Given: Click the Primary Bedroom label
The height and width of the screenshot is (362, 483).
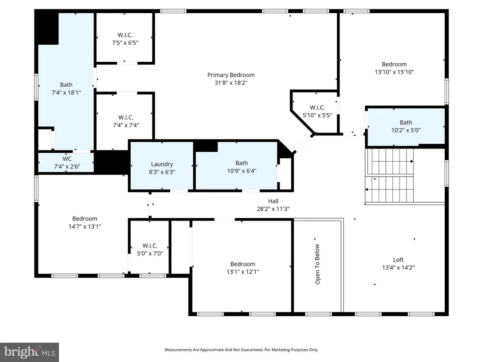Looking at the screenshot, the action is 231,75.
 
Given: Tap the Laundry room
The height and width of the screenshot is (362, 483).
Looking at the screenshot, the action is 162,165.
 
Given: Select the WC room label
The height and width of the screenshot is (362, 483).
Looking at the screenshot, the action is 67,159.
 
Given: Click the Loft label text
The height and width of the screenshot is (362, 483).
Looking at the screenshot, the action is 398,260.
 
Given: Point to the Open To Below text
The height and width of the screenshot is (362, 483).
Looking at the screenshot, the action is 317,264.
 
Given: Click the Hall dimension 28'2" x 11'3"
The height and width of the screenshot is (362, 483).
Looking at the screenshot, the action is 273,209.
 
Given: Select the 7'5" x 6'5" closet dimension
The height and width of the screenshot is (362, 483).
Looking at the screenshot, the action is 125,43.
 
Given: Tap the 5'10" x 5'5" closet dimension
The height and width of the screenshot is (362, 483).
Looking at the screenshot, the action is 317,115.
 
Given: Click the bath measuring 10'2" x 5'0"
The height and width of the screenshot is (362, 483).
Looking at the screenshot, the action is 406,126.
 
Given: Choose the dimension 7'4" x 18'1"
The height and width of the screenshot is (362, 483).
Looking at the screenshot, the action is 66,92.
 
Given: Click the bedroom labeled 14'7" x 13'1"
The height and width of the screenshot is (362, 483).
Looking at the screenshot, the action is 85,222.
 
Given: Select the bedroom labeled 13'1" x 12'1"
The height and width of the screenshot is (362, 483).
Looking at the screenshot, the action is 243,268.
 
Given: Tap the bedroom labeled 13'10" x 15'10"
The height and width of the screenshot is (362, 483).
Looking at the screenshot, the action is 394,68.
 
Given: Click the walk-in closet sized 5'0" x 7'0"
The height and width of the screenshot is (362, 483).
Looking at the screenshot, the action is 150,250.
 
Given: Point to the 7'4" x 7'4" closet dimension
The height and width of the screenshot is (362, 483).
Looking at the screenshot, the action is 125,125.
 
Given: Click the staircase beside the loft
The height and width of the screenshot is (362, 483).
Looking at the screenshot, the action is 390,175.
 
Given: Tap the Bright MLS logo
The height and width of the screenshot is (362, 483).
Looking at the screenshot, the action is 30,352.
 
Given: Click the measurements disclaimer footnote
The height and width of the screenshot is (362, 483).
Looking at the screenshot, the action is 241,350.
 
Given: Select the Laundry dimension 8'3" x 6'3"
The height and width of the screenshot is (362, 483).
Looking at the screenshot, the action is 162,172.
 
